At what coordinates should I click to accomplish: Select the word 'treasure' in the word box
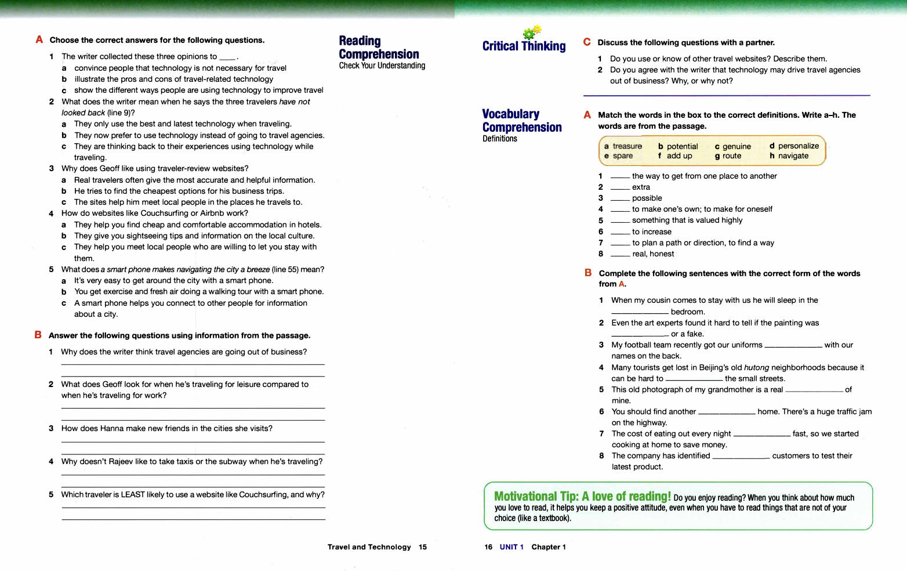(627, 146)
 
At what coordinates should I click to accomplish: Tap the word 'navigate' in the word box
(793, 156)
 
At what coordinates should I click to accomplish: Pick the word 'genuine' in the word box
(737, 147)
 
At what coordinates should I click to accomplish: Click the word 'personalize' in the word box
(798, 146)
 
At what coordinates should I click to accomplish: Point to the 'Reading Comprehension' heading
(379, 48)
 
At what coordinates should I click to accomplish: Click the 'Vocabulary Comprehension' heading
(521, 121)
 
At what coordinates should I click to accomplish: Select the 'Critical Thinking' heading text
(524, 46)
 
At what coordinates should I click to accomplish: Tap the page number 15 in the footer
(423, 547)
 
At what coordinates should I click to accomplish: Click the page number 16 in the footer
(488, 547)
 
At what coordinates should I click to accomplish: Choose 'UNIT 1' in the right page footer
(511, 547)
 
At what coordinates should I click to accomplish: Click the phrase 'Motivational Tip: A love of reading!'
(582, 497)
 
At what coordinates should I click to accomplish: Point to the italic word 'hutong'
(756, 368)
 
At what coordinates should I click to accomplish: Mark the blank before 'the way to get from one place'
(620, 176)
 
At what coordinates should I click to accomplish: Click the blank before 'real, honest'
(620, 254)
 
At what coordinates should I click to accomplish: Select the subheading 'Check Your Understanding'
(382, 66)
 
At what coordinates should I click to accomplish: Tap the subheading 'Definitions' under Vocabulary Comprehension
(499, 139)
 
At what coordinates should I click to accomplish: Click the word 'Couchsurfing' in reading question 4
(164, 214)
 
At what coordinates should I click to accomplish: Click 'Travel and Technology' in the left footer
(369, 547)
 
